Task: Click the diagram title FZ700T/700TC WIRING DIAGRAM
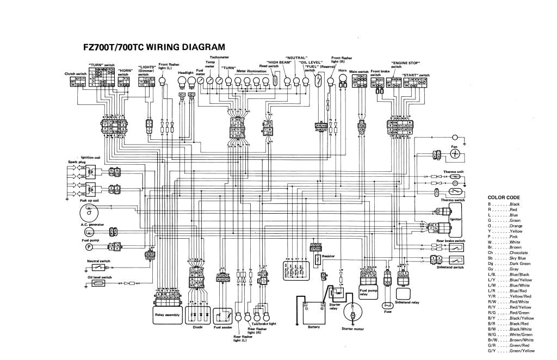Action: [153, 47]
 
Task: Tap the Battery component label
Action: [314, 327]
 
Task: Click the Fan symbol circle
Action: [456, 154]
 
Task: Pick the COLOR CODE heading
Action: [504, 197]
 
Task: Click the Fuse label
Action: [387, 312]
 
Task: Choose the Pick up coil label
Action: [89, 201]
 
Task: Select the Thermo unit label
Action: [453, 171]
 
